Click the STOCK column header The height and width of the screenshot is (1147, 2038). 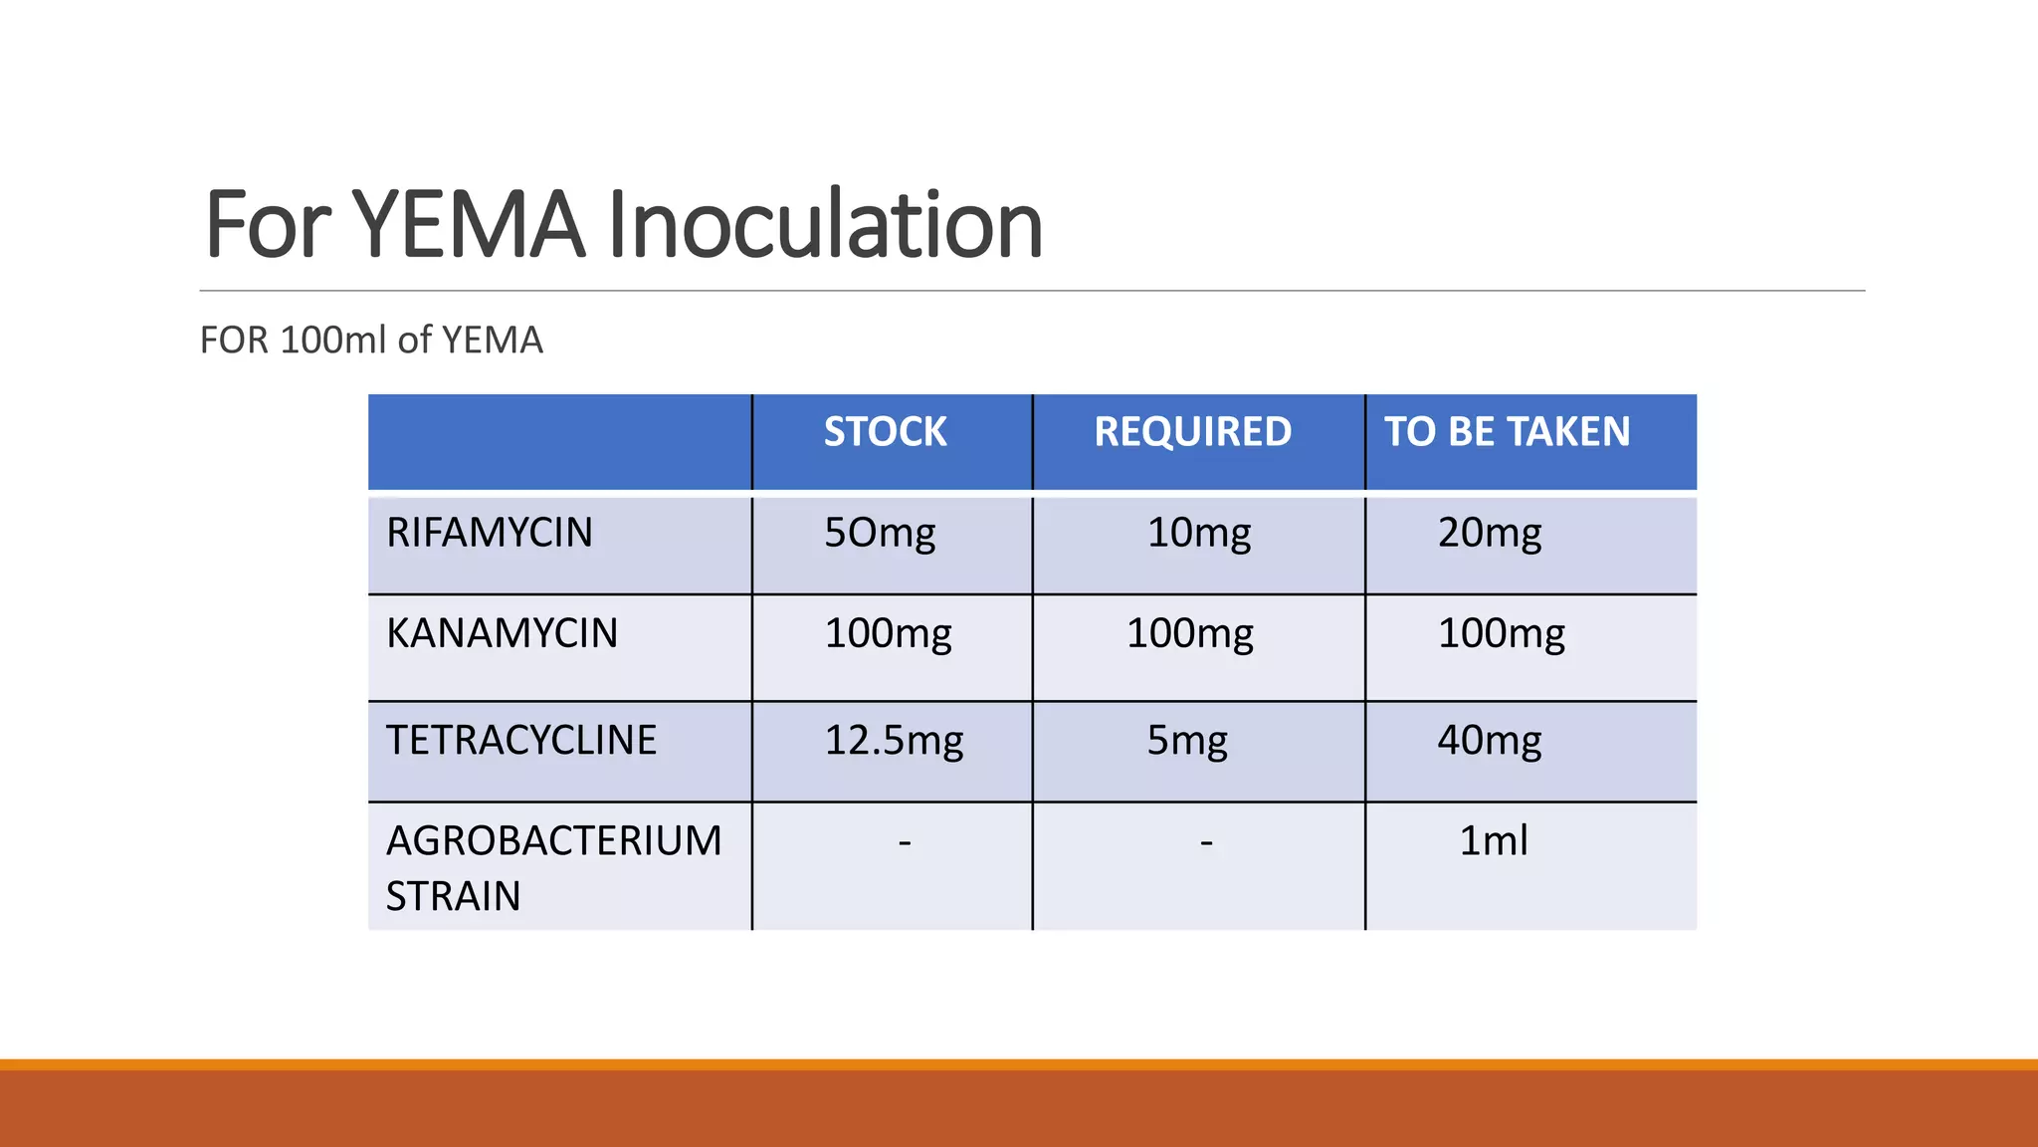point(885,432)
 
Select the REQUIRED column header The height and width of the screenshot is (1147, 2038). point(1192,432)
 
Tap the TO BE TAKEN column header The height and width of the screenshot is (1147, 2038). point(1507,432)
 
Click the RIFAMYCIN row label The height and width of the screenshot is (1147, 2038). point(489,533)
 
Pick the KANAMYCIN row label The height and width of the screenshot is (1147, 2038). point(502,633)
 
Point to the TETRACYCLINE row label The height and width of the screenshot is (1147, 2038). point(520,740)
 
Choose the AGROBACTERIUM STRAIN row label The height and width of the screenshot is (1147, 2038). point(553,867)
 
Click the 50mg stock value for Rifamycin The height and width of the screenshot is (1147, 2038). point(880,534)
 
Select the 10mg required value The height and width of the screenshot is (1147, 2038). point(1198,534)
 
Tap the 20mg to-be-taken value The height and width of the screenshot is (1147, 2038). point(1489,534)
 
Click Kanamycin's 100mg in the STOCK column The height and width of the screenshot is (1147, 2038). point(888,634)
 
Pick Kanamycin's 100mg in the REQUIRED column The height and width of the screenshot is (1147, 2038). point(1189,634)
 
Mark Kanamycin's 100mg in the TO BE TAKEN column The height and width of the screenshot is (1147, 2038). point(1501,634)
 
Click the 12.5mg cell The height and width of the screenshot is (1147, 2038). point(894,741)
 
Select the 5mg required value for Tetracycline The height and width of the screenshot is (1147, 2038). point(1186,741)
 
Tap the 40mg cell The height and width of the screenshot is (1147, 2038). point(1489,741)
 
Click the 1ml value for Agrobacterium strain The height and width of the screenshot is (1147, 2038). point(1493,841)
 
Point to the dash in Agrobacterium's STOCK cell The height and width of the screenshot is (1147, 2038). point(905,842)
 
